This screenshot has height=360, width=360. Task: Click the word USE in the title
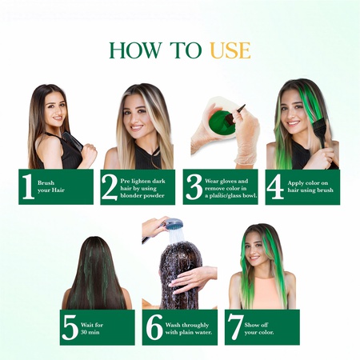tap(230, 50)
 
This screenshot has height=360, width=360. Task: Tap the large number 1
tap(28, 186)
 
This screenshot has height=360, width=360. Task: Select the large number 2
tap(110, 186)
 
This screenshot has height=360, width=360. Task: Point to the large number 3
tap(192, 186)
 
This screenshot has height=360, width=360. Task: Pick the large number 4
tap(275, 186)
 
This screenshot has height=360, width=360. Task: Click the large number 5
tap(70, 327)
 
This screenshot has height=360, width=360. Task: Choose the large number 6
tap(152, 327)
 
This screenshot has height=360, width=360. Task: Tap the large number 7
tap(234, 327)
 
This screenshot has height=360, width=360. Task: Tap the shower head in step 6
tap(170, 227)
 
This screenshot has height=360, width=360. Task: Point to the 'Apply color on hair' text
tap(309, 187)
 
